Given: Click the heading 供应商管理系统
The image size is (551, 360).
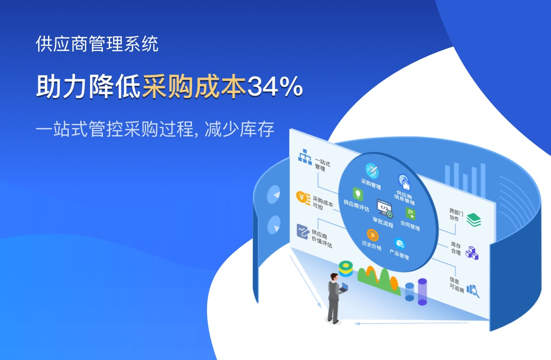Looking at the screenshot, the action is (97, 44).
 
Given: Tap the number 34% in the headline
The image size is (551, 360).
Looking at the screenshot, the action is (275, 87).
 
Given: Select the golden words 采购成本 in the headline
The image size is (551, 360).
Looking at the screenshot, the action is (194, 87).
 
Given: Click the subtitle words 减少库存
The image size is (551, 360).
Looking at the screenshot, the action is (240, 129).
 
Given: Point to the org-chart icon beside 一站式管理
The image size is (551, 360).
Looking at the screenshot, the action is (305, 157).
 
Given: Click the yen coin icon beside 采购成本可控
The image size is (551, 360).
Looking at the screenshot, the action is (303, 198).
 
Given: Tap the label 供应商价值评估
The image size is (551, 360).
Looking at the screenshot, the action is (321, 239).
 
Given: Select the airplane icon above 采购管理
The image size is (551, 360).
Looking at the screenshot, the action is (372, 171).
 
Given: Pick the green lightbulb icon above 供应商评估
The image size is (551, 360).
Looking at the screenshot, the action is (358, 194).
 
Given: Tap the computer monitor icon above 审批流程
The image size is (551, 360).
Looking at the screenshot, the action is (385, 208).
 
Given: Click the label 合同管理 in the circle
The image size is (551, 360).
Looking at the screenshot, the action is (410, 225).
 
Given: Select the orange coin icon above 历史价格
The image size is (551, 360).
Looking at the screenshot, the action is (373, 235).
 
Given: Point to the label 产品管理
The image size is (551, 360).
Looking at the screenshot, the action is (399, 254).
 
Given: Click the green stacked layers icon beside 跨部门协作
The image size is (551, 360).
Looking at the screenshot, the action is (474, 220).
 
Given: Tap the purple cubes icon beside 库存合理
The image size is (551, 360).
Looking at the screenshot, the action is (472, 253).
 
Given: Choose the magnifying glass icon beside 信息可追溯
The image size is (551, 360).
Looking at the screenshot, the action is (473, 291).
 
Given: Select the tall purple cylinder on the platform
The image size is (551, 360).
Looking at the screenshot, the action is (422, 292).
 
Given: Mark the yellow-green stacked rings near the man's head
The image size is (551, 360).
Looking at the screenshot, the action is (345, 268).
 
